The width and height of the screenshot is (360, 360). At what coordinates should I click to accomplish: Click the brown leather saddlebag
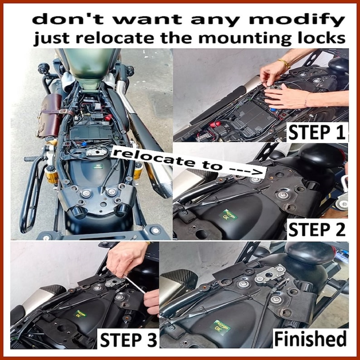click(49, 115)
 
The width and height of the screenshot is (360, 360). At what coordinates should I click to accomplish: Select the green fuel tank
click(88, 66)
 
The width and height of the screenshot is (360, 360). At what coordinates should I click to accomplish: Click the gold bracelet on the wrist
click(284, 63)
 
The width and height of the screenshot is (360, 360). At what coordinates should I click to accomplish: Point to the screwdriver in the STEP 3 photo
click(133, 284)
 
